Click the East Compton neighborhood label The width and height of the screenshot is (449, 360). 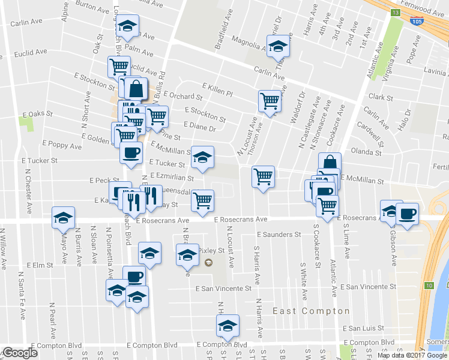(x=311, y=311)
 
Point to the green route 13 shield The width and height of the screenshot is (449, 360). (x=394, y=12)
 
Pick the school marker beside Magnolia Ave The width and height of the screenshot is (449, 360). (x=278, y=46)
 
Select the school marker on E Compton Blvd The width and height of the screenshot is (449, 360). (x=228, y=326)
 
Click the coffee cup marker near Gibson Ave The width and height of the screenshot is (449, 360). (x=408, y=213)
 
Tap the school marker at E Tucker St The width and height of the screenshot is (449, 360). (x=202, y=157)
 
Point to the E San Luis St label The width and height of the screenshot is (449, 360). (x=363, y=328)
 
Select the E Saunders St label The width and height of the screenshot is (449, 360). (x=278, y=235)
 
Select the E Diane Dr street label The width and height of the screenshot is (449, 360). (x=200, y=127)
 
